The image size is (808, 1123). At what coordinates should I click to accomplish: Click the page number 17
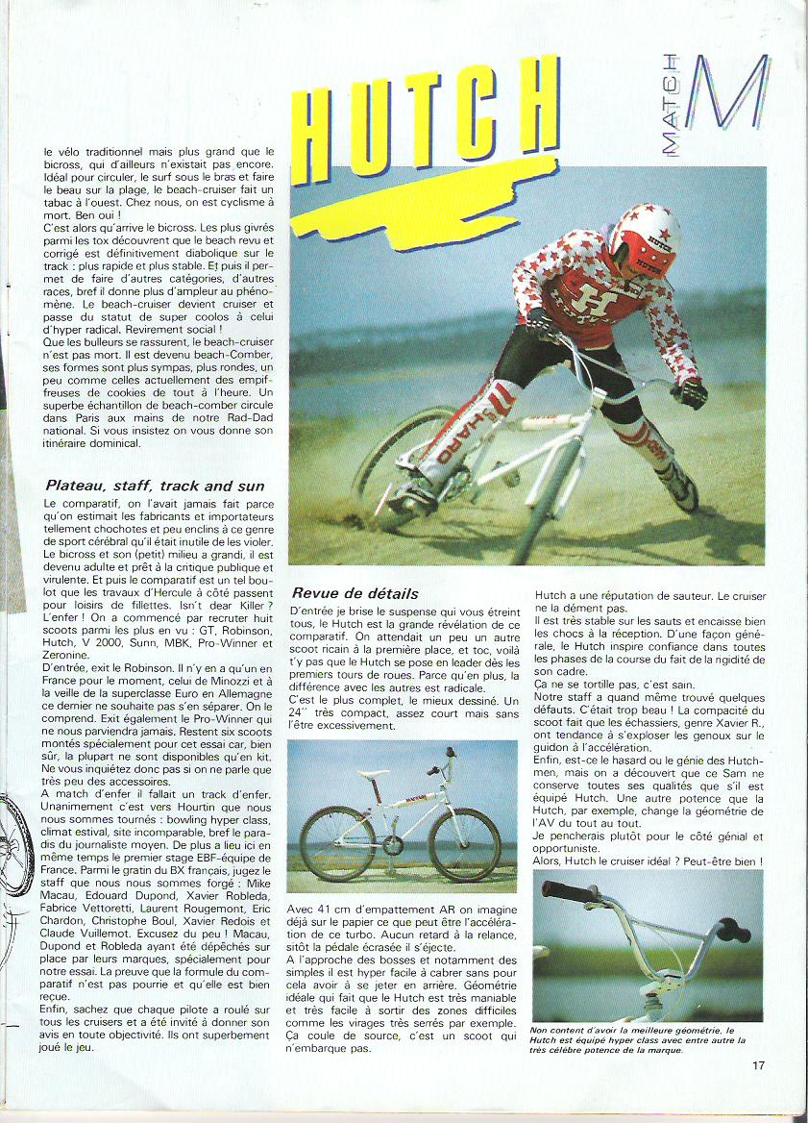759,1063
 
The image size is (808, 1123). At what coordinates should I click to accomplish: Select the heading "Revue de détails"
355,593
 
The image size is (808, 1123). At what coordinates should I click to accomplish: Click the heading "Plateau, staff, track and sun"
155,486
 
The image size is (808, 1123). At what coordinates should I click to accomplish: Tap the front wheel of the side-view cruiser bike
465,843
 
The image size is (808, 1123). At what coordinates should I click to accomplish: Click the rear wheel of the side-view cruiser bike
337,842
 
